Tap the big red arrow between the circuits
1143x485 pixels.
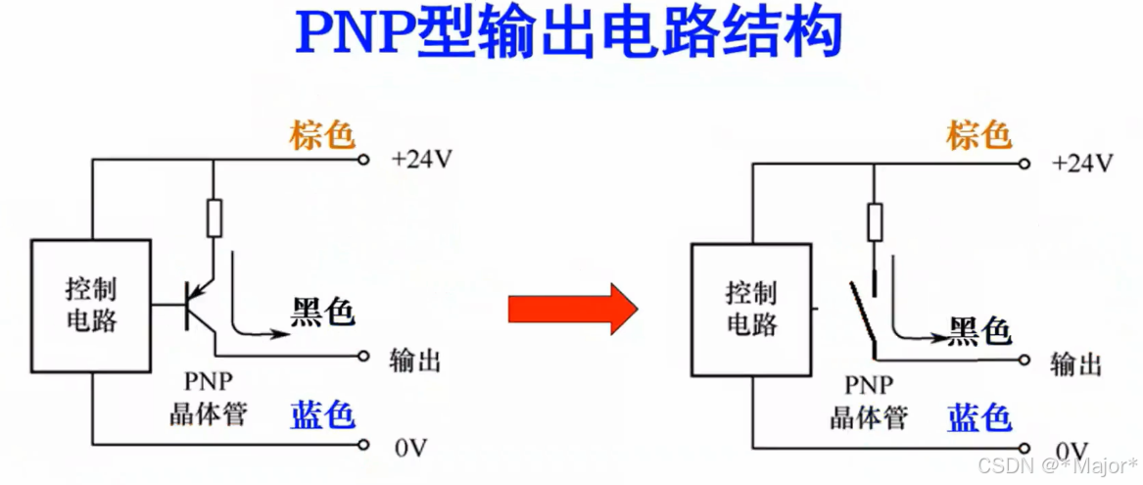pos(572,309)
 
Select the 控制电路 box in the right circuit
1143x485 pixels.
pos(751,309)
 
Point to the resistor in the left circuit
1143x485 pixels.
pos(214,218)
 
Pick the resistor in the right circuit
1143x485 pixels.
pos(875,221)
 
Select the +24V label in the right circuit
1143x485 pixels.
pos(1081,163)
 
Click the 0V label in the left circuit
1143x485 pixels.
pos(411,448)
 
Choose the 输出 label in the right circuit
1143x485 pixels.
pos(1075,364)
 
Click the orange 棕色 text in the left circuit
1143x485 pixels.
pos(321,135)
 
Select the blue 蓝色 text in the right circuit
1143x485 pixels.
pos(979,418)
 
